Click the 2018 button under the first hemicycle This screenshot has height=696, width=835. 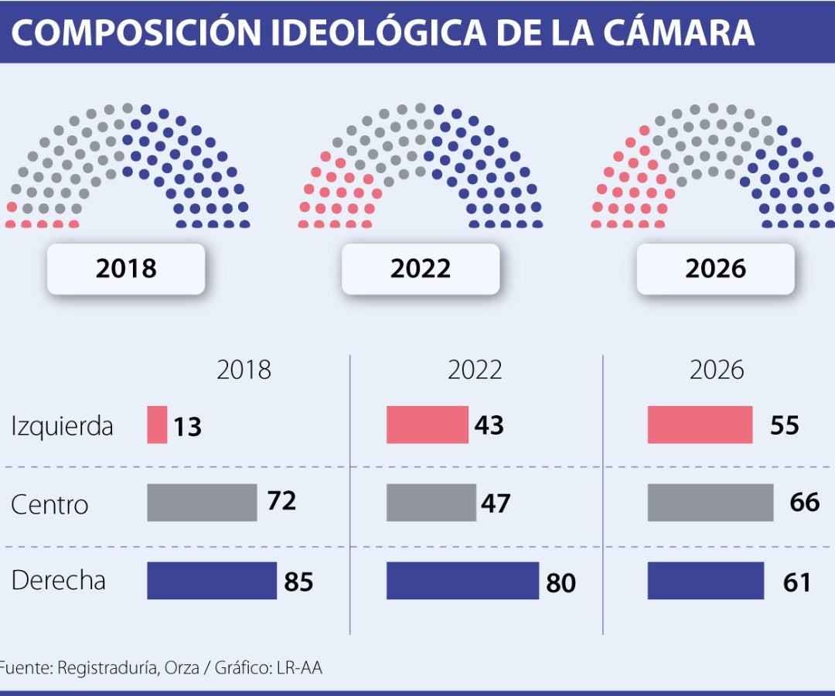tap(126, 268)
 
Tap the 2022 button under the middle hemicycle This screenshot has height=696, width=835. tap(420, 268)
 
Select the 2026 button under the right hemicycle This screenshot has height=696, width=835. tap(715, 268)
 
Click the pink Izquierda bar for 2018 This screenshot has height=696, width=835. tap(157, 425)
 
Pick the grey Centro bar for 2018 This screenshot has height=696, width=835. tap(202, 503)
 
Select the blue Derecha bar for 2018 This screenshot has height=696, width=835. tap(212, 581)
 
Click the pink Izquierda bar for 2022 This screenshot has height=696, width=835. tap(428, 425)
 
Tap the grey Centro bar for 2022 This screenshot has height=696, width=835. tap(431, 503)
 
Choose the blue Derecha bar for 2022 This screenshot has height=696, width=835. tap(462, 581)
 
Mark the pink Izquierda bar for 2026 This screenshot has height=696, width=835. tap(700, 425)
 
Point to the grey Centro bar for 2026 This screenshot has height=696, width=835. tap(711, 503)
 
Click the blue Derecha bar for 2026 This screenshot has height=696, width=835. tap(705, 581)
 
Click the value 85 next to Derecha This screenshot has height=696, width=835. tap(298, 582)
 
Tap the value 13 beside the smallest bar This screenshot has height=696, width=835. tap(187, 426)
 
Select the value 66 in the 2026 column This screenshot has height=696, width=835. tap(804, 503)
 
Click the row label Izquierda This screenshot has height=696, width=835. tap(62, 426)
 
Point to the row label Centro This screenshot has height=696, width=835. tap(49, 505)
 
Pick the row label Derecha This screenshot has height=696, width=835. tap(58, 581)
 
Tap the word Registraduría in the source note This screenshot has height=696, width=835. tap(108, 668)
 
